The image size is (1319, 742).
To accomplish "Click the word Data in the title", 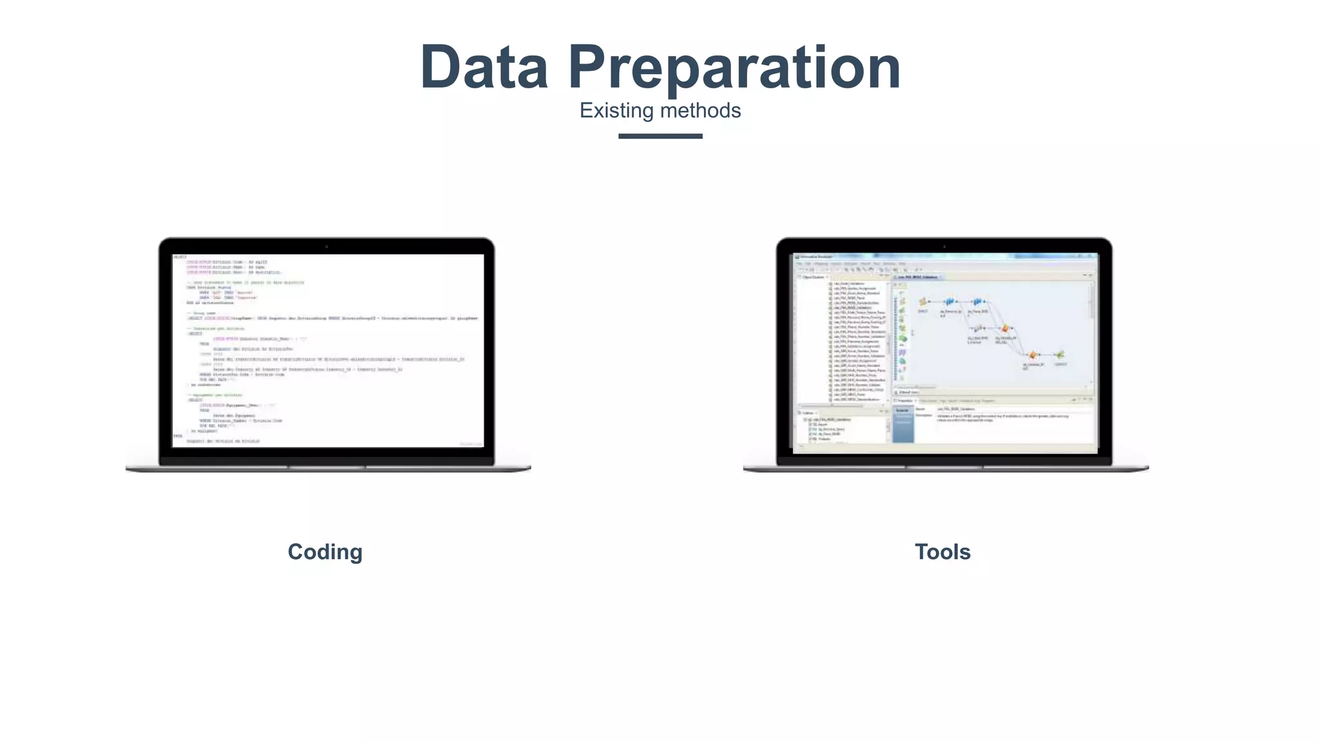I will [484, 67].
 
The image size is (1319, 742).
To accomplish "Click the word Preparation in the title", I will [734, 68].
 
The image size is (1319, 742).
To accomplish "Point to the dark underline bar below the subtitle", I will [660, 136].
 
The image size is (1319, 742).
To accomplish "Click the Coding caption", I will [325, 552].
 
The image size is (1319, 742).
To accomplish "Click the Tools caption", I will [942, 552].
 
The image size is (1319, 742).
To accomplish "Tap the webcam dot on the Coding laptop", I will [327, 247].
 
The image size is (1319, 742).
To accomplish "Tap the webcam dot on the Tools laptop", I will [944, 247].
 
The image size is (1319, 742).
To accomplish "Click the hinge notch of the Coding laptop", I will [327, 466].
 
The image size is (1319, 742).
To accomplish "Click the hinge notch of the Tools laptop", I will [944, 466].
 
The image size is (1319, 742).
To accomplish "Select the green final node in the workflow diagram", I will [1059, 355].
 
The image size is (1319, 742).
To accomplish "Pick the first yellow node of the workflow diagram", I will [923, 301].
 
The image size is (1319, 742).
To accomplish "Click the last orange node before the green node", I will [1033, 355].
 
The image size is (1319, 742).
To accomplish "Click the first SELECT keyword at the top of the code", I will [180, 257].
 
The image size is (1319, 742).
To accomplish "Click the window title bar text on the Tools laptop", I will [815, 257].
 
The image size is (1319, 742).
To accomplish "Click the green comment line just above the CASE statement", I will [245, 282].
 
